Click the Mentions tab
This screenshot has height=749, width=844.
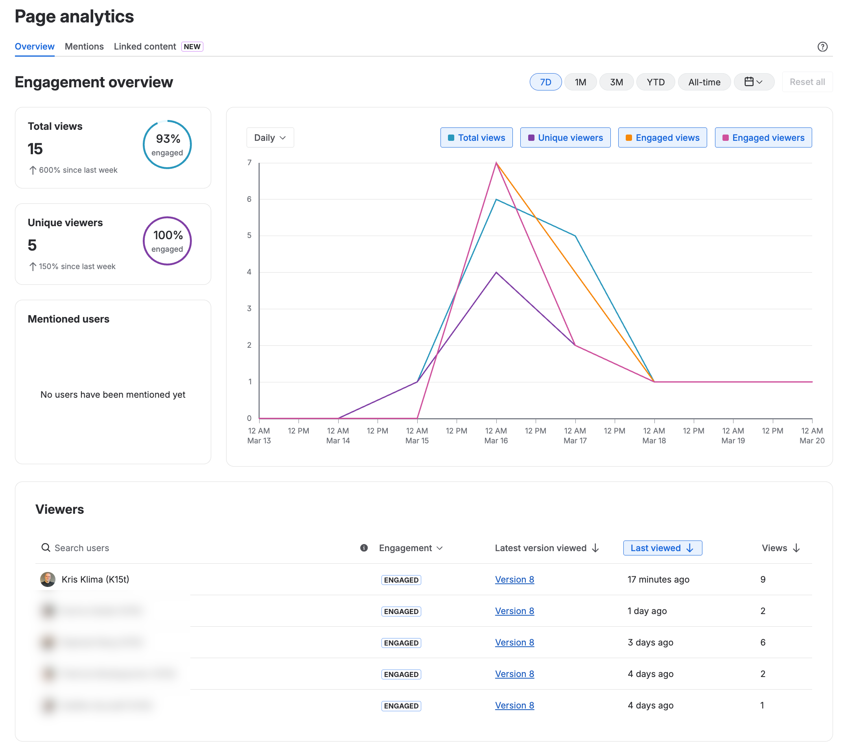(x=84, y=47)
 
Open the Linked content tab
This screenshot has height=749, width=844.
(x=145, y=47)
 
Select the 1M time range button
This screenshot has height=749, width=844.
(x=580, y=82)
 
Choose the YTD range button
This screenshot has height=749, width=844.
(x=655, y=82)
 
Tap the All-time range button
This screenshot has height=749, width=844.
(x=704, y=82)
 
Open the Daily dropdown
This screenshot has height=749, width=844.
(x=270, y=138)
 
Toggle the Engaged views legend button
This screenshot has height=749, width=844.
(x=662, y=138)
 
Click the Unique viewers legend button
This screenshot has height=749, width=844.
(x=565, y=138)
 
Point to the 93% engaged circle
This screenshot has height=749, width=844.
(x=167, y=144)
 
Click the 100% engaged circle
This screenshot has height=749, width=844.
(x=167, y=241)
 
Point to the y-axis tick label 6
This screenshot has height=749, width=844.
(x=249, y=199)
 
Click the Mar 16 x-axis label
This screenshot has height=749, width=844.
(x=496, y=441)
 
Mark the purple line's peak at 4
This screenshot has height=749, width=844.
(x=496, y=273)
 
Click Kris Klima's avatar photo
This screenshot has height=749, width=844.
(x=48, y=580)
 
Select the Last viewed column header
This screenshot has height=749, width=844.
(x=662, y=548)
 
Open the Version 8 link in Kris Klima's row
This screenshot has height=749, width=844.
(x=514, y=580)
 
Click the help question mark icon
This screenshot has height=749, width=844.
(x=822, y=47)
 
